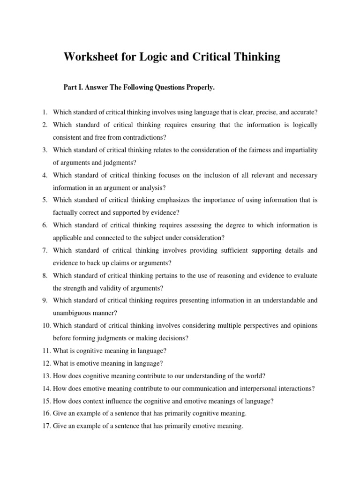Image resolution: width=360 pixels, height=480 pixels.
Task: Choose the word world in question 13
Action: click(255, 376)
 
